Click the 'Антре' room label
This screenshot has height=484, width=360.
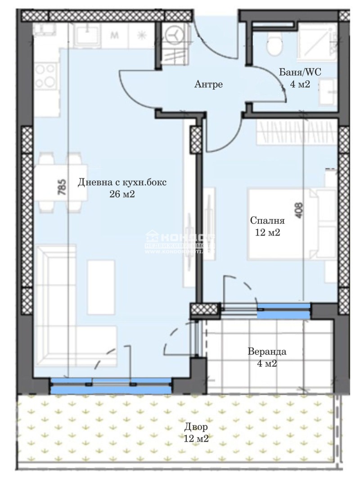click(208, 84)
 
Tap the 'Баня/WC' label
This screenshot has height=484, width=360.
click(301, 72)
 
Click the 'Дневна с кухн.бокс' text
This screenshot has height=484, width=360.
click(122, 182)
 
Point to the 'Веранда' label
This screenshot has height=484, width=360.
click(267, 352)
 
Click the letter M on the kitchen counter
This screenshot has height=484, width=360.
click(114, 36)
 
